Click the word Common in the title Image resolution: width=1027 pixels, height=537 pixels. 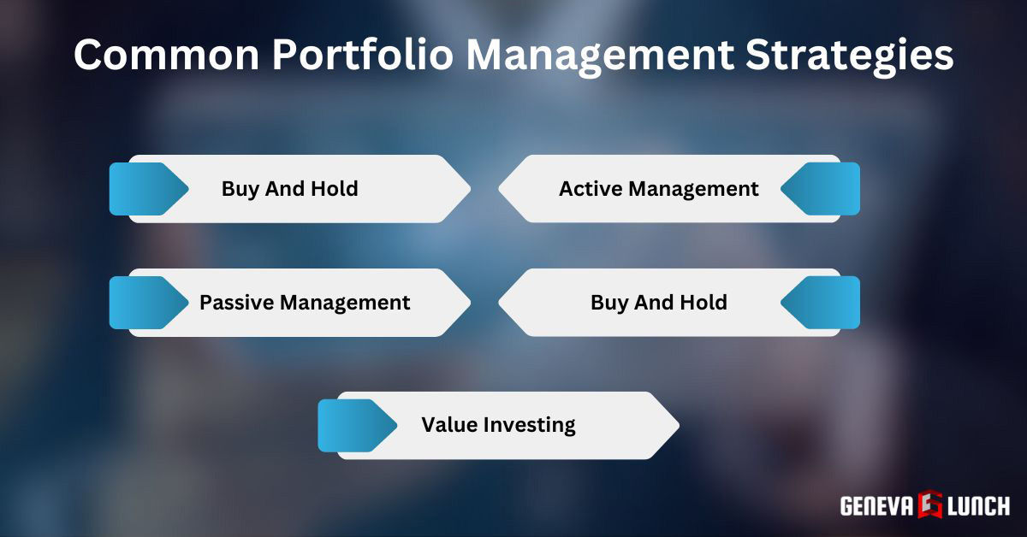coord(162,56)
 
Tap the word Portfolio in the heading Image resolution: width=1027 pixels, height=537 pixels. coord(361,56)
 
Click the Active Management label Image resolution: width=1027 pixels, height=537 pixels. coord(658,188)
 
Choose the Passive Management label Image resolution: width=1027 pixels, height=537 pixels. coord(305,302)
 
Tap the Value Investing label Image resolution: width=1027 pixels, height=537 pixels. coord(498,424)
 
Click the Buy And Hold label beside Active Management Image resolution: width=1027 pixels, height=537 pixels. coord(289,188)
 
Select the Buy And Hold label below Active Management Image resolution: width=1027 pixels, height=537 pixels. coord(658,302)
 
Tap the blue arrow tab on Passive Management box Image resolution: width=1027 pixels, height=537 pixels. coord(146,303)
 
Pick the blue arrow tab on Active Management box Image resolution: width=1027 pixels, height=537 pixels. coord(822,189)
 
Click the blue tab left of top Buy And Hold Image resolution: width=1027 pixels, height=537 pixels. coord(146,189)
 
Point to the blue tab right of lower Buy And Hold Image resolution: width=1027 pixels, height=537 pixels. coord(822,303)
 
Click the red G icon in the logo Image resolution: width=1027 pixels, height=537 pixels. coord(931,505)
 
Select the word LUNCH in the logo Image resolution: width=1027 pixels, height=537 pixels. coord(978,505)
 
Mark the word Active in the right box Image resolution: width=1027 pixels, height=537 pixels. coord(590,188)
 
